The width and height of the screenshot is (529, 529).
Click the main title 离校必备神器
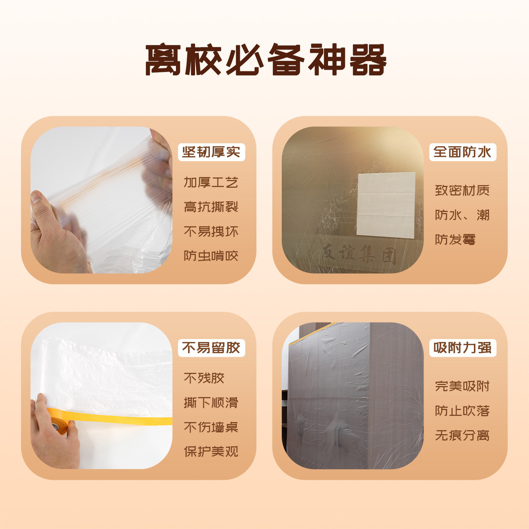265,60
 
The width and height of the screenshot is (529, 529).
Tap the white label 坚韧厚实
211,152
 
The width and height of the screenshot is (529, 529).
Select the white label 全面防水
462,152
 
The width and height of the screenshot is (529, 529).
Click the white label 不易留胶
211,348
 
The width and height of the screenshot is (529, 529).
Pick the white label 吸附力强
462,348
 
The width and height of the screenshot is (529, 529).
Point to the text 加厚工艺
211,182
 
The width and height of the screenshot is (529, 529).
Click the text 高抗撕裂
211,207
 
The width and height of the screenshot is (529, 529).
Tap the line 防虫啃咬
211,256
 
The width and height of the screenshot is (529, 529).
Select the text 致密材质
462,190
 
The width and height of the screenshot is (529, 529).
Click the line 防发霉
455,240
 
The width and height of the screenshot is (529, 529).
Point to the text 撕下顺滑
211,403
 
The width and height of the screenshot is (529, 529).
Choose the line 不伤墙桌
211,427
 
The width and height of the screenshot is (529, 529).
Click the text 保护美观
211,451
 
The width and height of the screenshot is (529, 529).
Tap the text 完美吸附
462,386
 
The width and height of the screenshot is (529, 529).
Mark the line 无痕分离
462,435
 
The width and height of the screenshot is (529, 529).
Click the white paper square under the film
386,205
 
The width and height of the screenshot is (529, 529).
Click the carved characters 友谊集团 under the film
358,253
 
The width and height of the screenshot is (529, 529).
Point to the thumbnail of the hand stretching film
101,200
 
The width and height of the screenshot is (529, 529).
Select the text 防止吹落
462,411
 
